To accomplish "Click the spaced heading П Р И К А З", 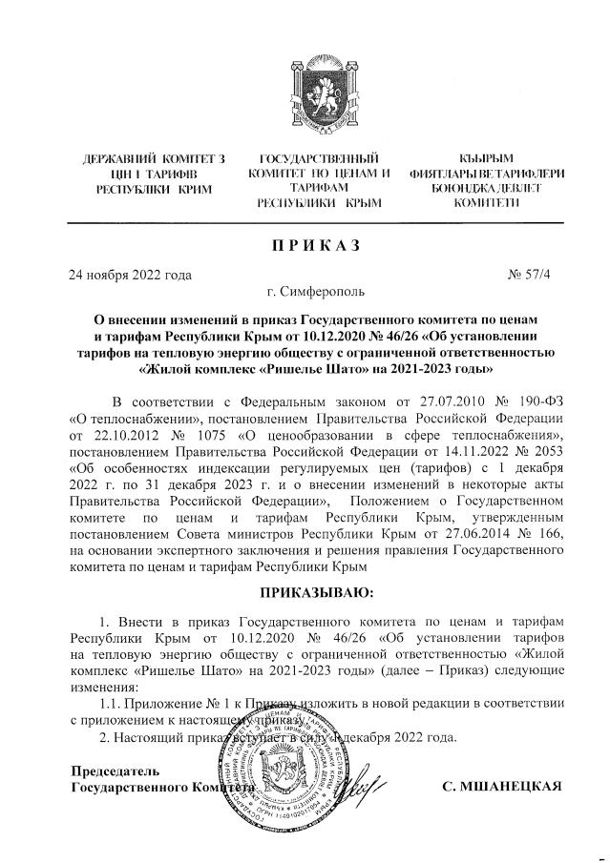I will pyautogui.click(x=305, y=245).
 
